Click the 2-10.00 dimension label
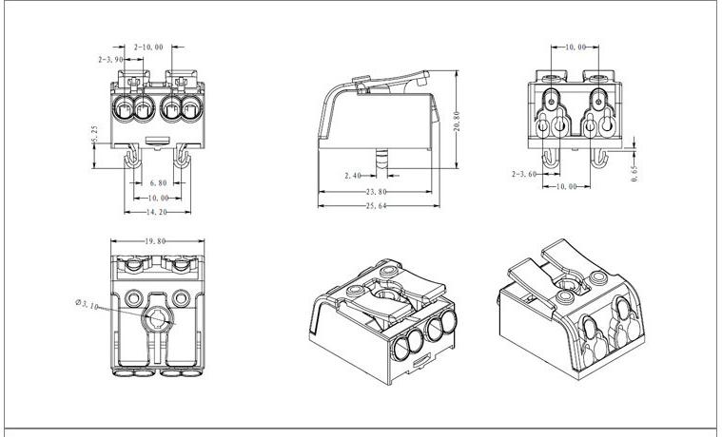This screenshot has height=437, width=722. pos(147,47)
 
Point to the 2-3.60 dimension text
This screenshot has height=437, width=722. pos(525,175)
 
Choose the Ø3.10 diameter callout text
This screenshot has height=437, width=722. pos(88,305)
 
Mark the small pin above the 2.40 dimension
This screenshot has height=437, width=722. pos(382,158)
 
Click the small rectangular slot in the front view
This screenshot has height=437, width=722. pos(157,140)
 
